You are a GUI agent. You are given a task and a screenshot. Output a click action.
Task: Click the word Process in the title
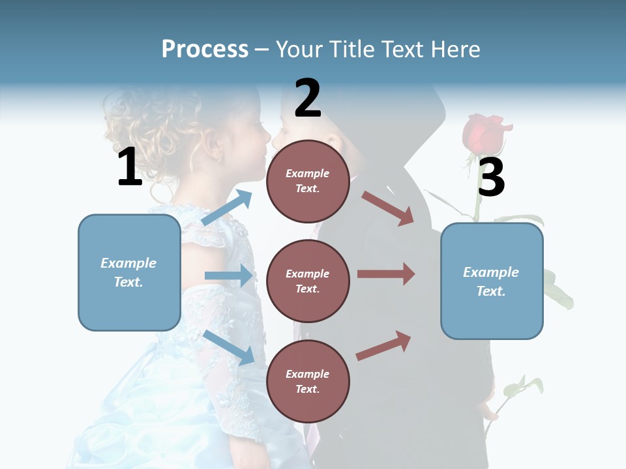[x=205, y=49]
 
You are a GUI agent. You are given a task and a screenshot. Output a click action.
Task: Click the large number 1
[x=130, y=167]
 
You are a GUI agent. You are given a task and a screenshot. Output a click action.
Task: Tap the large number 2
[x=308, y=98]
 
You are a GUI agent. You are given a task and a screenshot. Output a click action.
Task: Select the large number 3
[x=491, y=177]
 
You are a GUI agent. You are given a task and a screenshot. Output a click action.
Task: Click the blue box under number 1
[x=129, y=272]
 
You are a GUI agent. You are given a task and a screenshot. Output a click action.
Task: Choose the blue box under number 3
[x=492, y=281]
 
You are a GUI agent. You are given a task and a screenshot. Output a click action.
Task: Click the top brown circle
[x=308, y=180]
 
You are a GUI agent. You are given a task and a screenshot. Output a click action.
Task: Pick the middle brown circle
[x=308, y=281]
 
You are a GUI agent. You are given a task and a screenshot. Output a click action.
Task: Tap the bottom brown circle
[x=308, y=381]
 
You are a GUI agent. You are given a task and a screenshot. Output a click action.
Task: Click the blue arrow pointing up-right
[x=227, y=208]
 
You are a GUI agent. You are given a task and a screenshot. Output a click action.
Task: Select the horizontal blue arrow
[x=229, y=276]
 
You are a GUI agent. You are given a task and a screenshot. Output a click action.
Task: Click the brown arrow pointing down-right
[x=388, y=208]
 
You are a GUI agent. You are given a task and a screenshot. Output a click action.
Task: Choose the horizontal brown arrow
[x=386, y=274]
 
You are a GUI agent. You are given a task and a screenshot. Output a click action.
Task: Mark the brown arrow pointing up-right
[x=384, y=345]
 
